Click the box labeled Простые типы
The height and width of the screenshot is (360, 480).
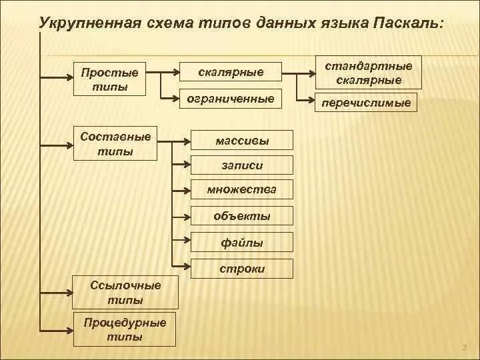[x=109, y=79]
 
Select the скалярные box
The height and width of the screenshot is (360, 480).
[x=231, y=71]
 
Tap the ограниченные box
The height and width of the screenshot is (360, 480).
[x=231, y=99]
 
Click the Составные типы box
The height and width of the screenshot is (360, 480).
[x=115, y=143]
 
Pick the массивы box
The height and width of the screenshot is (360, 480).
[x=242, y=140]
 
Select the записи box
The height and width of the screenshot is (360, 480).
[x=242, y=165]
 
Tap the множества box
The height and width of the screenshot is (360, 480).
[x=241, y=189]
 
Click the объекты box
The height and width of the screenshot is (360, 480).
[x=241, y=216]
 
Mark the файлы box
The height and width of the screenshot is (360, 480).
[x=241, y=243]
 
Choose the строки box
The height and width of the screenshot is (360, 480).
[x=241, y=269]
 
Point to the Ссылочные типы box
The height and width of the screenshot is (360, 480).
[x=125, y=293]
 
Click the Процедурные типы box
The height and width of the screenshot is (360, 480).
[x=125, y=329]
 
